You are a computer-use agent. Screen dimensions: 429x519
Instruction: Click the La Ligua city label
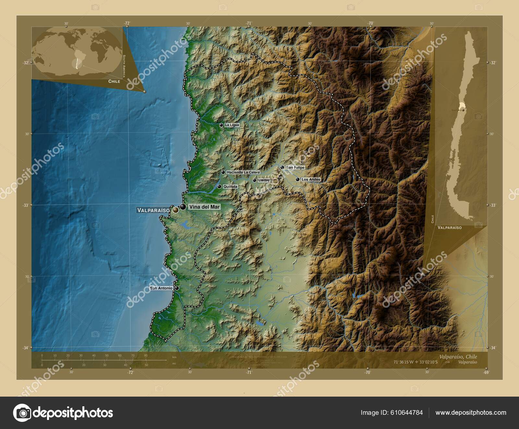(232, 125)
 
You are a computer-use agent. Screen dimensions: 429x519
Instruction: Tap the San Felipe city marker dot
(282, 168)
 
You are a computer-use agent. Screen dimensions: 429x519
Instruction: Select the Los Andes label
(311, 180)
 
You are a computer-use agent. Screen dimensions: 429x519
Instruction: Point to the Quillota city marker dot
(219, 187)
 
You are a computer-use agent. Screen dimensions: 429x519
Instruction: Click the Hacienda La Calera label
(243, 172)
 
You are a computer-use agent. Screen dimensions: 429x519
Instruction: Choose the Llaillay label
(264, 180)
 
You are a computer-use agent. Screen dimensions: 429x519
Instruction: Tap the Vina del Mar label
(204, 207)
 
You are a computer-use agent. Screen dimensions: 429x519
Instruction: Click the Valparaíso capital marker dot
(175, 210)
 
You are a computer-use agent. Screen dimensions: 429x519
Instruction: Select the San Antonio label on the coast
(161, 288)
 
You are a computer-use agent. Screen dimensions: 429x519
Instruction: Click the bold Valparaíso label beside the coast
(153, 210)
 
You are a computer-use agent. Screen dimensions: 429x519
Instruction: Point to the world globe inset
(77, 52)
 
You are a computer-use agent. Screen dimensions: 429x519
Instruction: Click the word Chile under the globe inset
(114, 81)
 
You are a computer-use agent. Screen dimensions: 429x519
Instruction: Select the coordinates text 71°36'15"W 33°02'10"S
(415, 362)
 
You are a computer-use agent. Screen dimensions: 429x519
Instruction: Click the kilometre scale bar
(104, 360)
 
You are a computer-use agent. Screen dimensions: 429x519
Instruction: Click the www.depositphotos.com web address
(471, 412)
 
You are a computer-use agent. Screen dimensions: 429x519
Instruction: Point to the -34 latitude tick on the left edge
(26, 348)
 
